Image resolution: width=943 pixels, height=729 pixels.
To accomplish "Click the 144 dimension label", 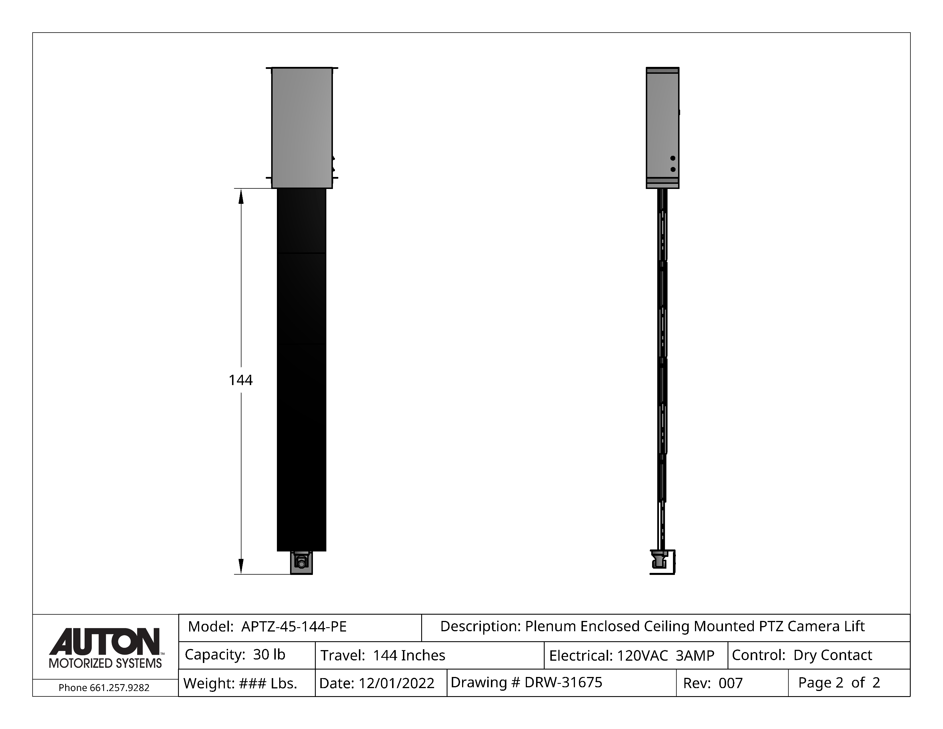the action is pos(241,380).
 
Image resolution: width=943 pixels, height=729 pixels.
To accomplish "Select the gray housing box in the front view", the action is pos(302,128).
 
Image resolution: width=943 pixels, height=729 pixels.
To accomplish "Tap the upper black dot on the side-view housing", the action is pos(673,158).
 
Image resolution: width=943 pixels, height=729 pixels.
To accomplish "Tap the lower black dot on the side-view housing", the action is pos(673,169).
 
